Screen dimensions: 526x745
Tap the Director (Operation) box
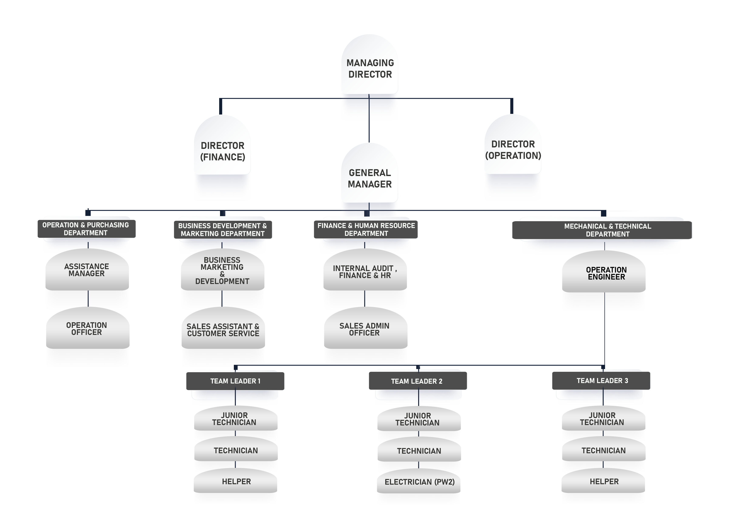pyautogui.click(x=513, y=150)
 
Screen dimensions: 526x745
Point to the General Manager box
pyautogui.click(x=370, y=178)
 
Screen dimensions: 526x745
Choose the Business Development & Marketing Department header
pyautogui.click(x=223, y=230)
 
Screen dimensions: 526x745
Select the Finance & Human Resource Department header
pyautogui.click(x=366, y=229)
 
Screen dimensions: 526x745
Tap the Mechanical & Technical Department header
pyautogui.click(x=607, y=230)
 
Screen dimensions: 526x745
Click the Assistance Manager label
pyautogui.click(x=87, y=270)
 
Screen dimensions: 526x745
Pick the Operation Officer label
pyautogui.click(x=87, y=329)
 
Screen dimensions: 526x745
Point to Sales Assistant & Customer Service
pyautogui.click(x=223, y=330)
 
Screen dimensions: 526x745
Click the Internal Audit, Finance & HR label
pyautogui.click(x=365, y=272)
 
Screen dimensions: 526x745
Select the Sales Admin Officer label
pyautogui.click(x=364, y=329)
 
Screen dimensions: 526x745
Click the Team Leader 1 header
pyautogui.click(x=235, y=381)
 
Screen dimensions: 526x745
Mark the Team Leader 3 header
pyautogui.click(x=602, y=381)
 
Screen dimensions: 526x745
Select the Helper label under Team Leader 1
pyautogui.click(x=236, y=482)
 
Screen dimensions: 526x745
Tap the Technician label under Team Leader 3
pyautogui.click(x=604, y=450)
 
